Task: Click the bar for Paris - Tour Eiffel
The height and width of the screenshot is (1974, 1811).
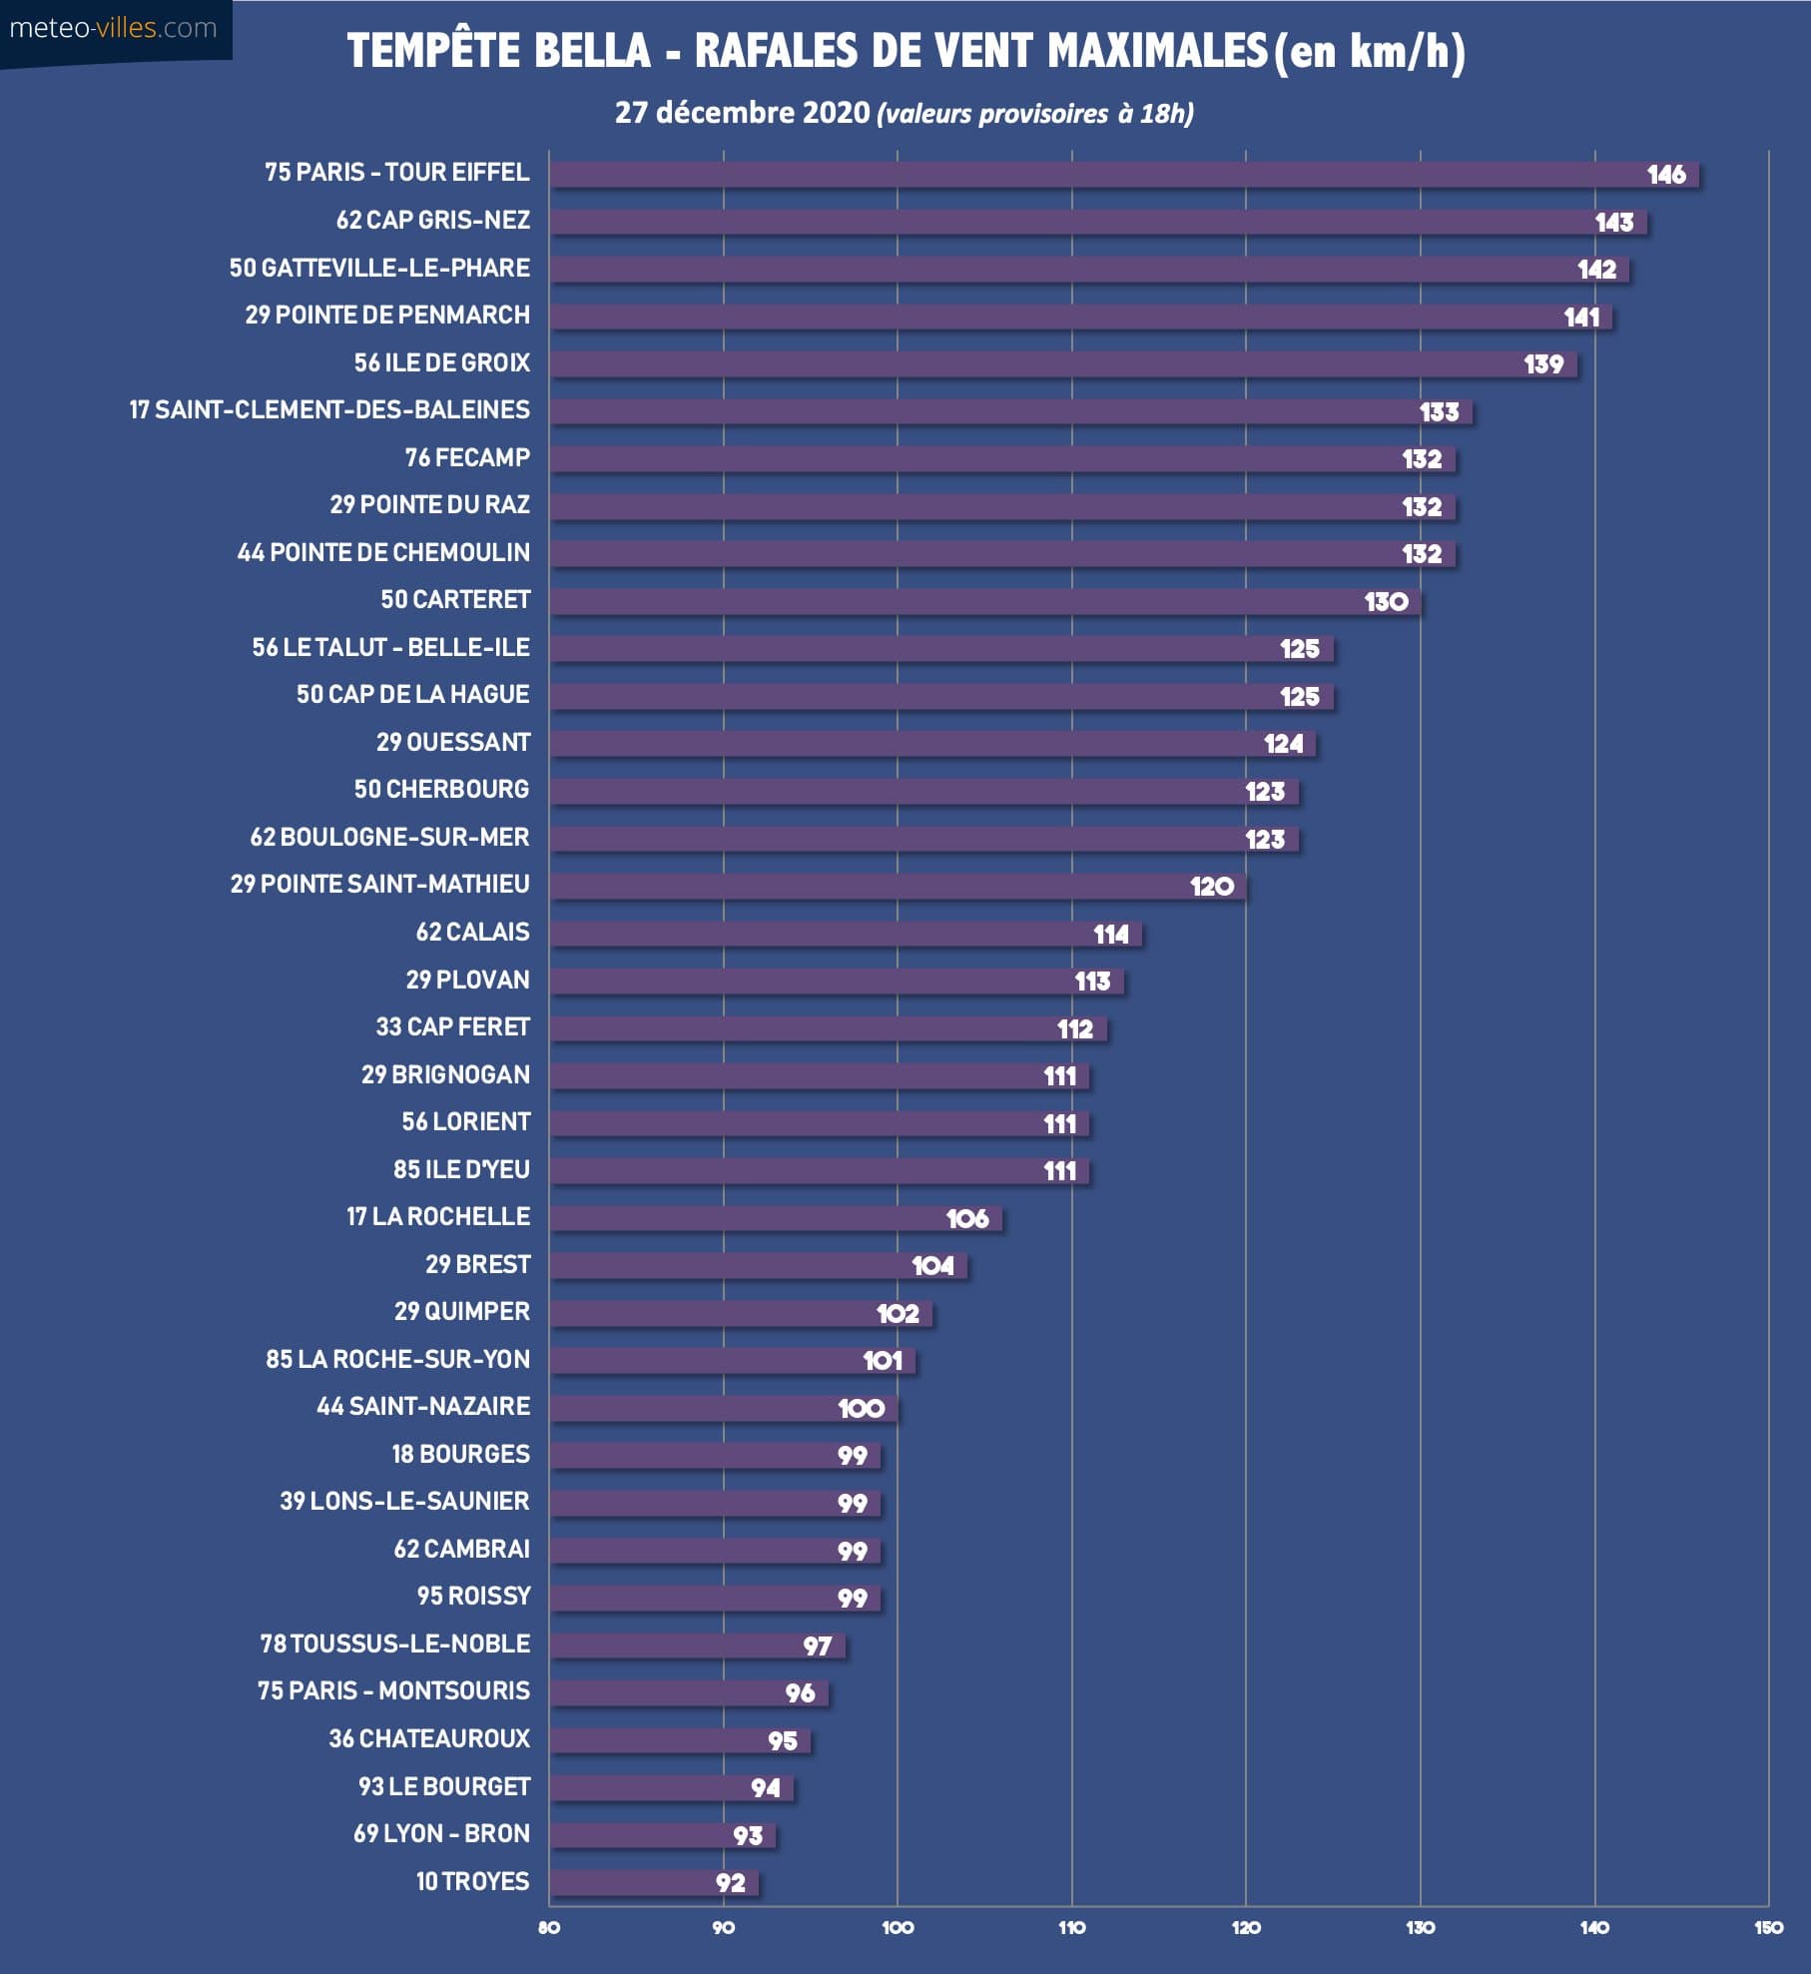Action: point(1098,175)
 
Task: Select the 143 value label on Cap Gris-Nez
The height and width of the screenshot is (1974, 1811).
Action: point(1613,223)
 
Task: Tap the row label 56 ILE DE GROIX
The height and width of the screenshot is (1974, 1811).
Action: point(441,362)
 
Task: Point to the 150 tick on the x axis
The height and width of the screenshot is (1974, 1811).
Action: point(1768,1927)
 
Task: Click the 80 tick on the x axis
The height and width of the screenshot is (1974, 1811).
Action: point(549,1927)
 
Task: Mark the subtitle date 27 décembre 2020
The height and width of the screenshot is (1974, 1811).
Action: point(742,112)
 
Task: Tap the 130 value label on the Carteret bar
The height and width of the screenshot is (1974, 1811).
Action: point(1386,601)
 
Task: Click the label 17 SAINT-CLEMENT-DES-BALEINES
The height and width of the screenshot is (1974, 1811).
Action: point(329,409)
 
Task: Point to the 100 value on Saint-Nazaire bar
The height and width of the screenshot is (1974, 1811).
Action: point(861,1408)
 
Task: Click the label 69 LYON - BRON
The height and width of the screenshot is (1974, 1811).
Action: point(441,1833)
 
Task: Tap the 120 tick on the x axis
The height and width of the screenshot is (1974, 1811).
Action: point(1246,1927)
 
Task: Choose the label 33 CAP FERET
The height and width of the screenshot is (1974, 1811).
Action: point(452,1026)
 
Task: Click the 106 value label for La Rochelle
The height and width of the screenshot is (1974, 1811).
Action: point(966,1218)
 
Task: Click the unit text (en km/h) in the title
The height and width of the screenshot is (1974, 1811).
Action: point(1370,51)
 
